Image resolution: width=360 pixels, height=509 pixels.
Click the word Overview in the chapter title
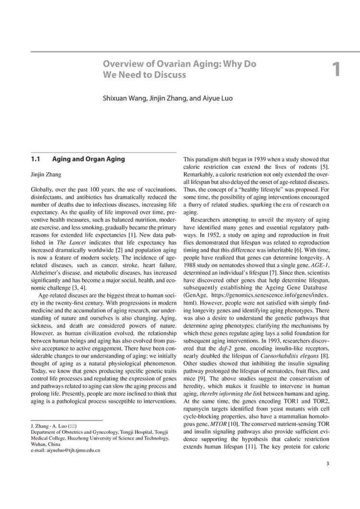[x=125, y=64]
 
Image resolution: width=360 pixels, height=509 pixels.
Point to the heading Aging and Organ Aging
[x=89, y=158]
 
